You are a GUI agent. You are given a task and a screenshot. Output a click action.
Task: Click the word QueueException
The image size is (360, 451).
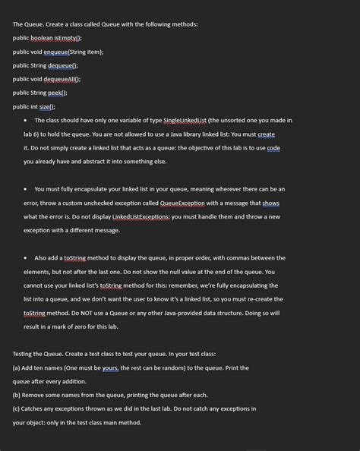coord(210,203)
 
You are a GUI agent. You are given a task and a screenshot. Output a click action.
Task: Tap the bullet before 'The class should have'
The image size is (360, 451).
coord(26,121)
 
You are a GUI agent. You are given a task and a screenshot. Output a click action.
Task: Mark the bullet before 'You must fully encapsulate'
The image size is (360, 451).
coord(26,189)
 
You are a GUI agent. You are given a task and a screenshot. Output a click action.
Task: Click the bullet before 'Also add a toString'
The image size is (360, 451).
coord(26,258)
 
